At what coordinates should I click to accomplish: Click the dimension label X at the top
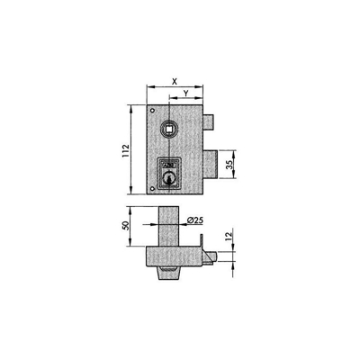pos(173,79)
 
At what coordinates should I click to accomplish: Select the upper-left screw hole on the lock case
pos(152,112)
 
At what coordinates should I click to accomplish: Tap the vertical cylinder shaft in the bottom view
pos(167,223)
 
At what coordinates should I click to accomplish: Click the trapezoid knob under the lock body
pos(166,273)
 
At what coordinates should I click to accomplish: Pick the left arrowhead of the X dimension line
pos(148,86)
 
